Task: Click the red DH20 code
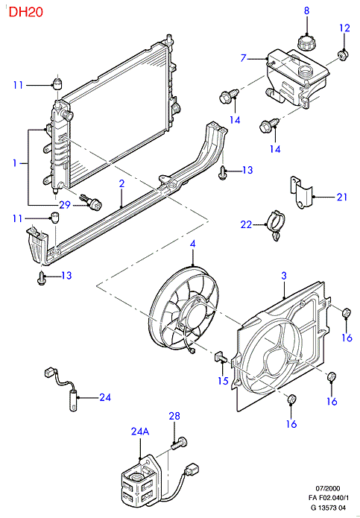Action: coord(26,12)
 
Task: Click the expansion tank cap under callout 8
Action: coord(307,42)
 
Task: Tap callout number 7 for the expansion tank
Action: coord(244,58)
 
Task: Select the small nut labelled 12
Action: coord(344,55)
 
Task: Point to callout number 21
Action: coord(342,198)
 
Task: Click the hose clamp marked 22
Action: coord(277,224)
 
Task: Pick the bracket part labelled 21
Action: coord(301,192)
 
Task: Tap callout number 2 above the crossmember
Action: coord(122,183)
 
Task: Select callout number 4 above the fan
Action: coord(192,244)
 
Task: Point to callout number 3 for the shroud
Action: coord(284,276)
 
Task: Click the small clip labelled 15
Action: coord(220,357)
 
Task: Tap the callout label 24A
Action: coord(140,431)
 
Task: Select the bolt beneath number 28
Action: coord(179,443)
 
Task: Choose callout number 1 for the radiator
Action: coord(15,163)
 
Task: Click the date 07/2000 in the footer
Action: coord(328,489)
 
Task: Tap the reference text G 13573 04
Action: coord(328,508)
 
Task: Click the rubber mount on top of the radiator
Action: coord(58,83)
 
